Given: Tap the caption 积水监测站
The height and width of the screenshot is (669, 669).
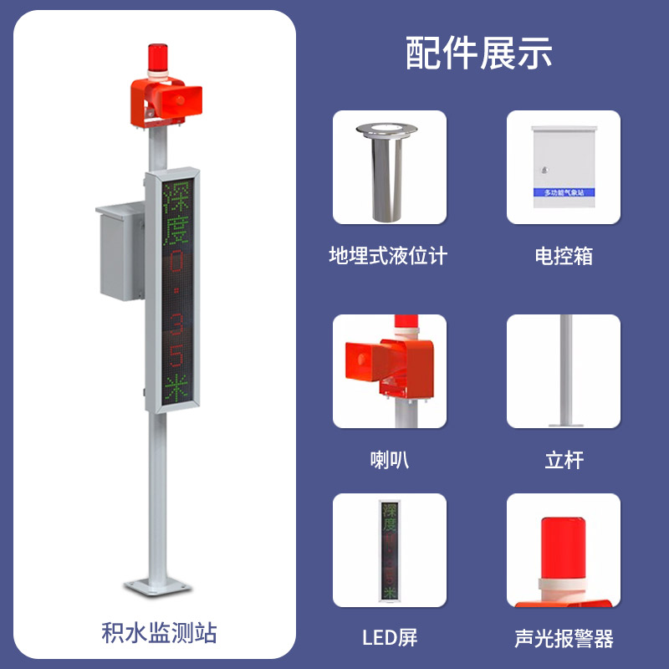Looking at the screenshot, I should point(152,633).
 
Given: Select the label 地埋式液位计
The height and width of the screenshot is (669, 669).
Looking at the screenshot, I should point(388,256).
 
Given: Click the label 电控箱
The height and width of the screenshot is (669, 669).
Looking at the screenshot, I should point(564,256).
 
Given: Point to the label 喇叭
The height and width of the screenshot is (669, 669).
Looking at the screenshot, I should point(389,459).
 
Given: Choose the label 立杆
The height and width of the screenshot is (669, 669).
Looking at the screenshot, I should point(564,459).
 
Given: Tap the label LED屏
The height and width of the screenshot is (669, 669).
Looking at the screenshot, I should point(389,638).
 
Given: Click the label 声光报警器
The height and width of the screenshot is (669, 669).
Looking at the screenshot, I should point(564,640).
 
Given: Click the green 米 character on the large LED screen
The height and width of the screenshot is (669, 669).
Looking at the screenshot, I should point(176,389).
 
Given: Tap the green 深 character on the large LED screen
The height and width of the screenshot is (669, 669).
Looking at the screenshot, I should point(176,195).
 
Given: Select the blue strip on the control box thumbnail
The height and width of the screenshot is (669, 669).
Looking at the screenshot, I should point(564,192).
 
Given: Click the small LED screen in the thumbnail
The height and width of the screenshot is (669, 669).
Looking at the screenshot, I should point(389,549).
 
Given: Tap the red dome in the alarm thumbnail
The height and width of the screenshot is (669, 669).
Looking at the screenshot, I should point(563,544).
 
